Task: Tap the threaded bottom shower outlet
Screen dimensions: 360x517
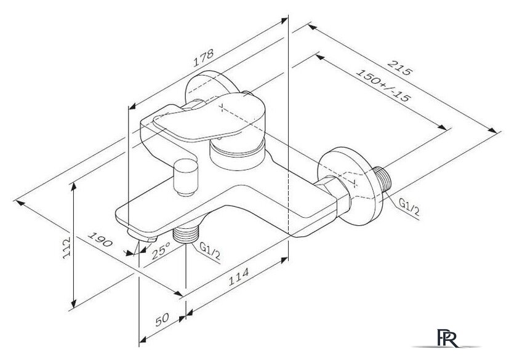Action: tap(186, 235)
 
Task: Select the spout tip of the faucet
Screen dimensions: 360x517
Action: tap(142, 235)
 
